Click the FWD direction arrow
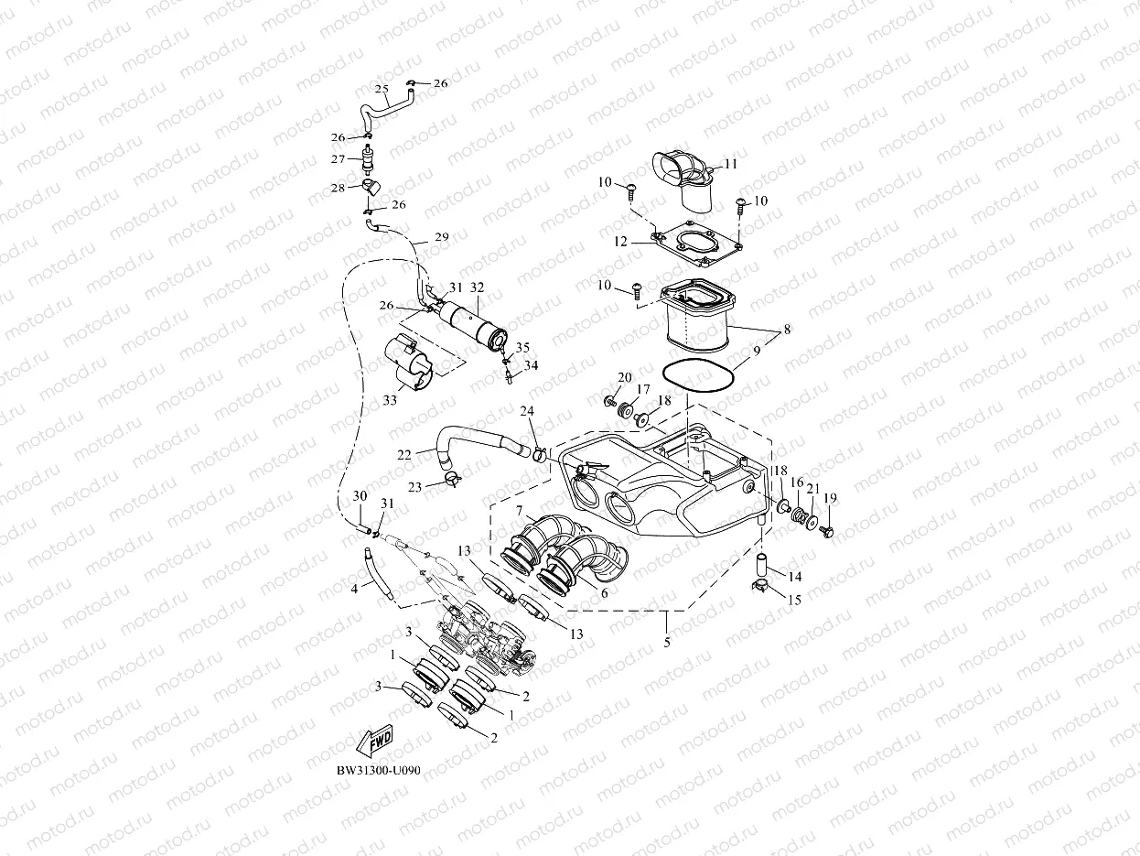374,742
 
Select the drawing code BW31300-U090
378,771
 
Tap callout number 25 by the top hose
382,89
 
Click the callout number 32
477,287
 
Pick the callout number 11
730,164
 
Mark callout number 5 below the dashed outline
667,643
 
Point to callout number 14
795,577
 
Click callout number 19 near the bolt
830,498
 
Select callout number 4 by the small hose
354,589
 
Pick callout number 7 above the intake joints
519,509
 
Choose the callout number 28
339,189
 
